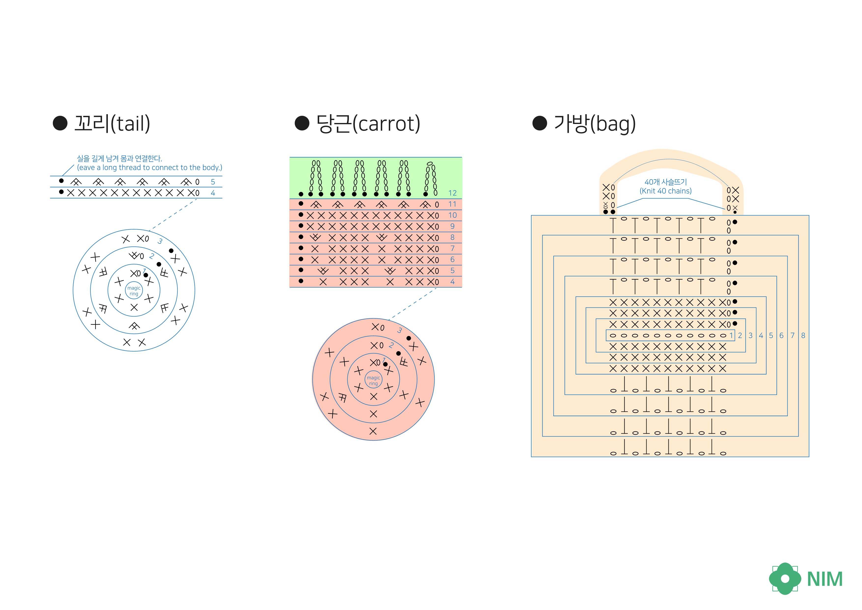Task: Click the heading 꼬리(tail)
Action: tap(112, 123)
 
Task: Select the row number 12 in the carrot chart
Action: tap(452, 193)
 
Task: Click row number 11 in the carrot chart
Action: tap(452, 204)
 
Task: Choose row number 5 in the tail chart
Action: tap(213, 182)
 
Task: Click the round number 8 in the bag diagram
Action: tap(803, 336)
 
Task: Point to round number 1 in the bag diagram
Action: tap(731, 336)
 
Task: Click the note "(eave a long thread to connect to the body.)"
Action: tap(149, 168)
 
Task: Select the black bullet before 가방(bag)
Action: tap(540, 123)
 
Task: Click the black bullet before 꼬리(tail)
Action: tap(60, 123)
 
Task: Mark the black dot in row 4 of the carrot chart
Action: tap(301, 281)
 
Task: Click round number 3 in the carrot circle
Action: tap(400, 330)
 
